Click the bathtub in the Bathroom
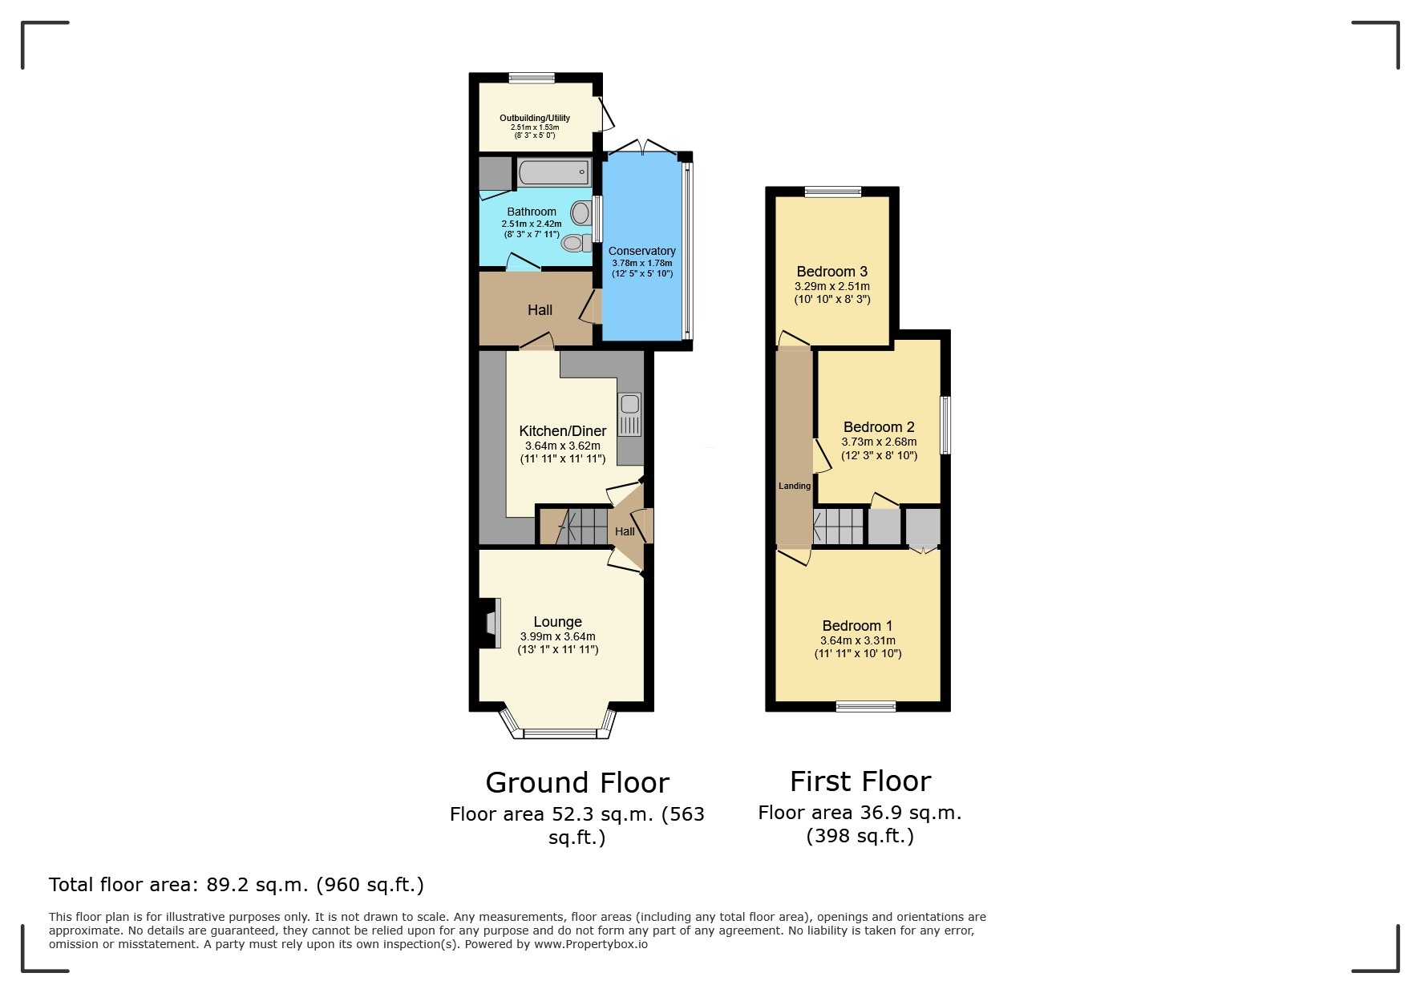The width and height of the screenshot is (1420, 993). pos(553,172)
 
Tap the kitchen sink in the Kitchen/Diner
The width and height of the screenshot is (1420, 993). pos(630,414)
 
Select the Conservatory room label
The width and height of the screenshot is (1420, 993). pos(641,251)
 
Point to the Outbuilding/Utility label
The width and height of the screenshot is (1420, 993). pos(535,118)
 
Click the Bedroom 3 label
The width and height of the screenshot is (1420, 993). pos(832,272)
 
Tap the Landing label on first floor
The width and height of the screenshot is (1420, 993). pos(795,486)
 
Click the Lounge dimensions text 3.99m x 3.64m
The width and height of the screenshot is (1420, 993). pos(558,636)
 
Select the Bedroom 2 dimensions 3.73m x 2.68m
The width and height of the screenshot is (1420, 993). pos(879,442)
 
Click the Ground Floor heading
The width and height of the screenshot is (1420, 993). pos(577,782)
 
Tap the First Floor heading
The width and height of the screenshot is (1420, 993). pos(860,781)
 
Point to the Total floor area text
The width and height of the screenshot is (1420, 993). pos(237,885)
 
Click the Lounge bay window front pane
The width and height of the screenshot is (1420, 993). pos(559,733)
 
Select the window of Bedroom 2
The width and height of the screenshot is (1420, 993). pos(945,425)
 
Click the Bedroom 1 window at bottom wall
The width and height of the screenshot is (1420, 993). pos(865,706)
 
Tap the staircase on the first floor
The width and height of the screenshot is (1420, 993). pos(839,527)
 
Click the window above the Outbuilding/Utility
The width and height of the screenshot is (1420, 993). pos(532,78)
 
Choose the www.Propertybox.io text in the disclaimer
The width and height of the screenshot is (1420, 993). pos(592,944)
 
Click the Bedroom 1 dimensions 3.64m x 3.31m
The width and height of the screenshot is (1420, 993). pos(858,640)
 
